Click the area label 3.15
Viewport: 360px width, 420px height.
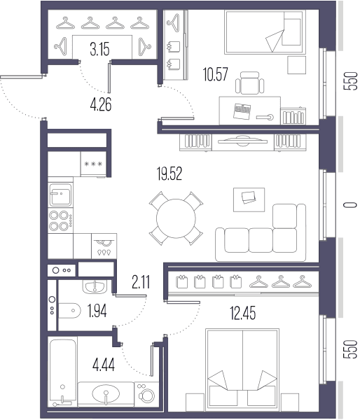(x=99, y=50)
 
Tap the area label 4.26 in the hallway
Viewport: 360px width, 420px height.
(x=101, y=104)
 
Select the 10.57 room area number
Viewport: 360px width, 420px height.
(x=216, y=74)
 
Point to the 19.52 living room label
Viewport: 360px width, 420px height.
(x=169, y=174)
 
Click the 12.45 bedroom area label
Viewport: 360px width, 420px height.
(x=243, y=313)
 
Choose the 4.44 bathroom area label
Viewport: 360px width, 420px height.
(x=104, y=365)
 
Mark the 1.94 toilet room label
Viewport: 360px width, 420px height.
(x=97, y=311)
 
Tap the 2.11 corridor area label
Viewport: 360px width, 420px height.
(x=141, y=282)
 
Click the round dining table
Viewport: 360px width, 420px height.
(x=176, y=218)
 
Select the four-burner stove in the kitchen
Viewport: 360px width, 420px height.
(x=60, y=220)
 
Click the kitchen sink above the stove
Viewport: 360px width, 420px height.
(x=60, y=195)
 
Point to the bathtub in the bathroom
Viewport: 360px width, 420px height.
(x=63, y=373)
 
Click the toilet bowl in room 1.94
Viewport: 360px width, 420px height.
(x=69, y=311)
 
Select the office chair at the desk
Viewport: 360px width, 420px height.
(x=250, y=83)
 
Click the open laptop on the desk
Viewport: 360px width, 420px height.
(x=242, y=111)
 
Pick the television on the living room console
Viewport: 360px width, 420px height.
(x=242, y=141)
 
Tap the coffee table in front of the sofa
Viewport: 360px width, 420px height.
(x=249, y=199)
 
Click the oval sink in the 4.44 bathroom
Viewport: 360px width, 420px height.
(x=106, y=393)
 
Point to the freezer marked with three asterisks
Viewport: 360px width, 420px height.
(x=93, y=164)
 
